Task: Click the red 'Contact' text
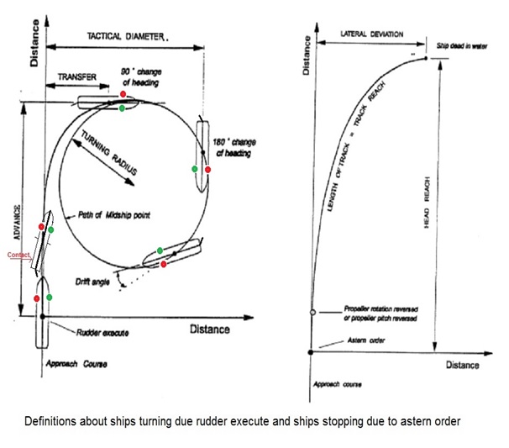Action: click(18, 254)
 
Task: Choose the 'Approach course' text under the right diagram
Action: click(337, 383)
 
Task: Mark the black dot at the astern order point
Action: click(312, 351)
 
